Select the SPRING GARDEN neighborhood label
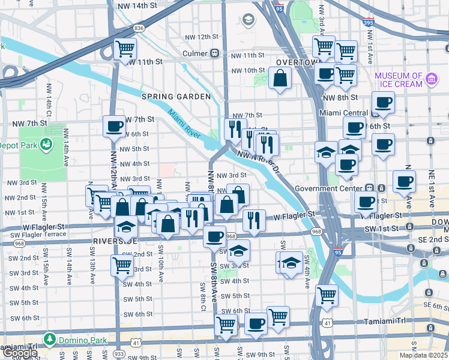coord(176,97)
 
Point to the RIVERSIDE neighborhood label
coord(116,241)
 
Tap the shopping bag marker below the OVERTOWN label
coord(280,79)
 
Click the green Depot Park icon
coord(44,145)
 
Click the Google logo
coord(19,353)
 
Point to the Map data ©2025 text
coord(424,355)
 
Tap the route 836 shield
coord(139,28)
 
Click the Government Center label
coord(331,188)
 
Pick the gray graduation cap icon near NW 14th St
coord(247,20)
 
